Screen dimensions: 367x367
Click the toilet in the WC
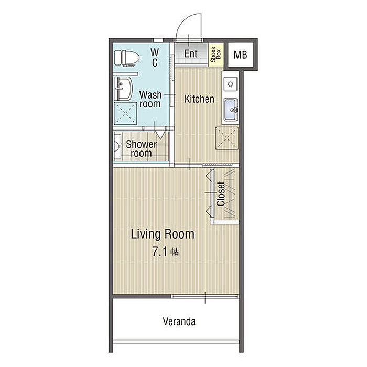pos(127,58)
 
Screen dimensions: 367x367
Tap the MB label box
pos(241,55)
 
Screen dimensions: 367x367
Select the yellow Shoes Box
pos(216,55)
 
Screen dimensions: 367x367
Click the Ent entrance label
pos(191,53)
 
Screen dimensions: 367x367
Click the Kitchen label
pos(199,99)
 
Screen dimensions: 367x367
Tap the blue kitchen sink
pos(231,110)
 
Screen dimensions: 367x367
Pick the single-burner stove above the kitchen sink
pos(231,84)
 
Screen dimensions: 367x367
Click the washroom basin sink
pos(123,89)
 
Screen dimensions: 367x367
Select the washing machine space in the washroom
pos(125,114)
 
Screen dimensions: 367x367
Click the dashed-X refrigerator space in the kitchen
pos(227,138)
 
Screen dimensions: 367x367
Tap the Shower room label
pos(142,148)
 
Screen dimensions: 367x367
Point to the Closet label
pos(221,194)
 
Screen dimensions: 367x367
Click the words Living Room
pos(163,234)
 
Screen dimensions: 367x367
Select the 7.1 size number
pos(159,252)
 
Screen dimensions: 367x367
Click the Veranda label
pos(179,321)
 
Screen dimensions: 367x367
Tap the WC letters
pos(155,57)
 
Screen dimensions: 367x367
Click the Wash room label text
pos(150,99)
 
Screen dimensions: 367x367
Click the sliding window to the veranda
pos(205,296)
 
